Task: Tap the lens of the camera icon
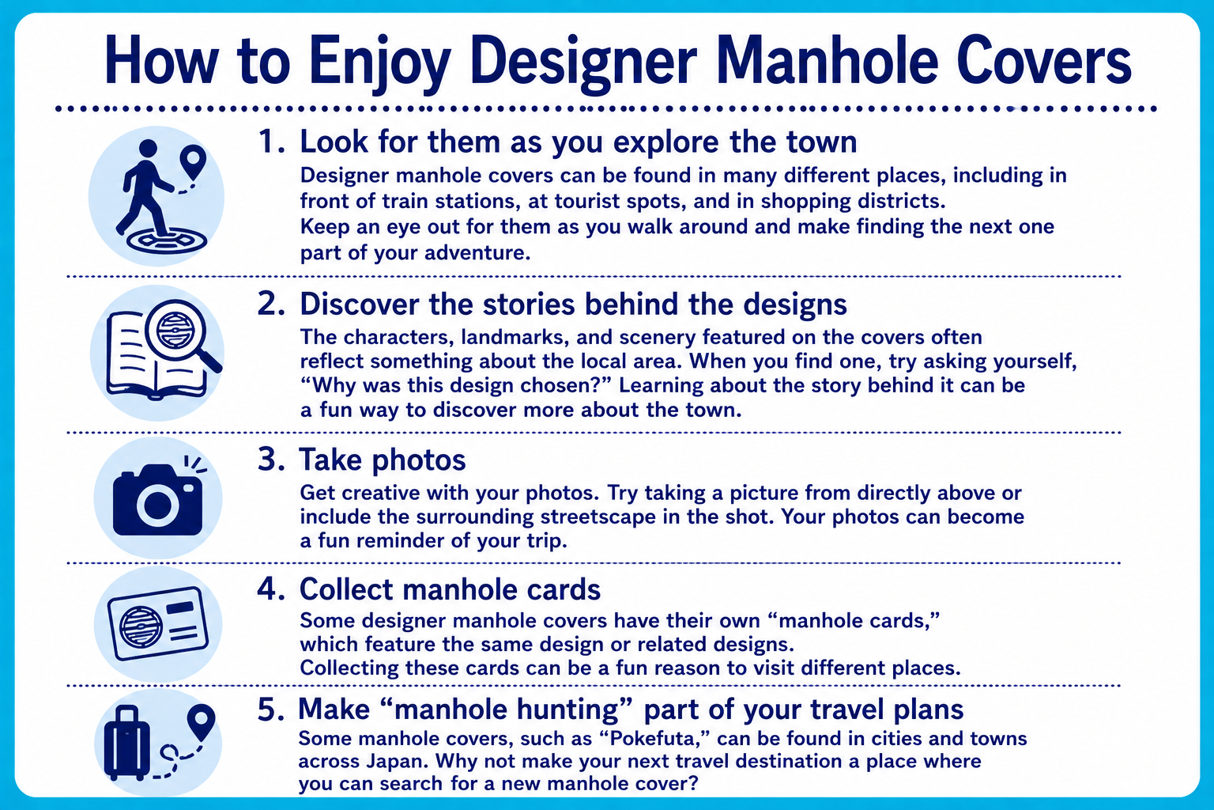(158, 505)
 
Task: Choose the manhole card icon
(158, 623)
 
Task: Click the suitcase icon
(126, 744)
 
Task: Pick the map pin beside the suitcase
(201, 721)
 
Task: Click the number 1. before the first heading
(271, 142)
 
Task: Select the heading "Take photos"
(382, 460)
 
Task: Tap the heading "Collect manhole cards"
(450, 589)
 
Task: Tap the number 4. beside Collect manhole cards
(271, 589)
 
